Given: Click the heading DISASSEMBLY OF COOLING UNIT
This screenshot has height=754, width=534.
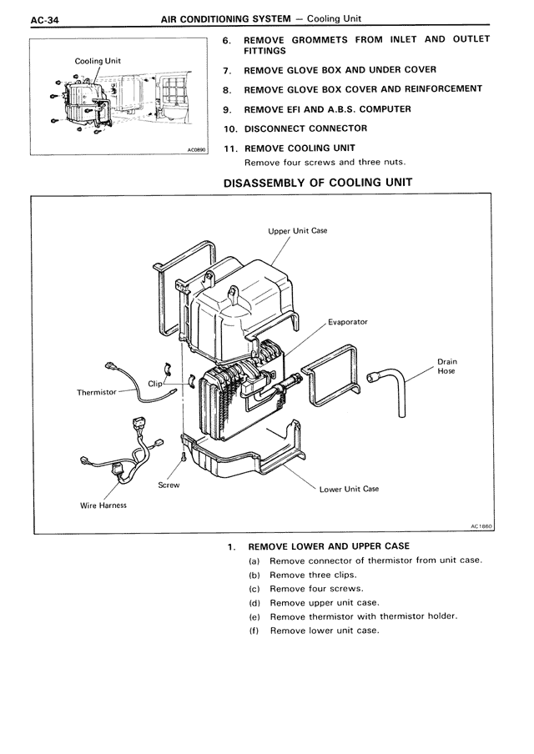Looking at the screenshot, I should click(x=317, y=182).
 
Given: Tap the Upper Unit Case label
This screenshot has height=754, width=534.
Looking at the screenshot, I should click(x=297, y=231).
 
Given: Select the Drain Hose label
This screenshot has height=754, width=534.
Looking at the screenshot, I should click(x=446, y=366).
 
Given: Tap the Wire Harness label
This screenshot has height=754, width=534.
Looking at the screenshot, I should click(x=103, y=505).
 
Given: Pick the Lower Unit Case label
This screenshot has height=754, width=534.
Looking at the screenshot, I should click(x=349, y=489).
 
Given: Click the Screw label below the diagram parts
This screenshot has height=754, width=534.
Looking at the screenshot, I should click(x=169, y=485).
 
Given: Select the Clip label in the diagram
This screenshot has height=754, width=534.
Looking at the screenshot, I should click(x=155, y=383).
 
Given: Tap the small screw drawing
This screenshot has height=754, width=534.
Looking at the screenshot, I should click(x=182, y=457).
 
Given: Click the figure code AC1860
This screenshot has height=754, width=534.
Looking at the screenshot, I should click(x=481, y=526).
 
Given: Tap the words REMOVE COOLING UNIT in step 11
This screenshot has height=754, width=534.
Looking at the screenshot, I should click(x=299, y=148).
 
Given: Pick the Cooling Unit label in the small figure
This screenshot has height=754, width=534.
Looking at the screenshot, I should click(x=98, y=61).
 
